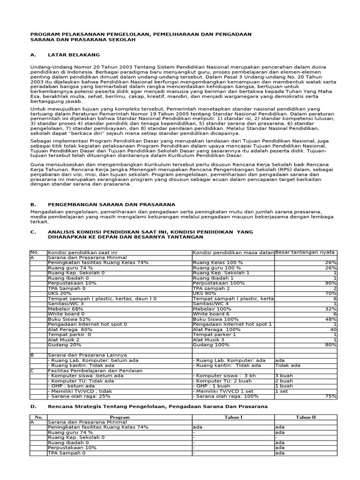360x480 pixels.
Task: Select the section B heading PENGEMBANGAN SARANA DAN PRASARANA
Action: point(112,204)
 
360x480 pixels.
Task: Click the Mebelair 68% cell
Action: point(66,309)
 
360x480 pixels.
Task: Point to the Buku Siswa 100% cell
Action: point(212,319)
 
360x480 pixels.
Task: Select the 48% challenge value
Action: point(330,319)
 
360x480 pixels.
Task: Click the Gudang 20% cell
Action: point(64,345)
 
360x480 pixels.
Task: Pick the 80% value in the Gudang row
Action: point(330,345)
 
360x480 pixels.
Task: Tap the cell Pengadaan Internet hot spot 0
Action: point(88,324)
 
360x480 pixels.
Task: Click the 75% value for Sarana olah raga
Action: point(330,396)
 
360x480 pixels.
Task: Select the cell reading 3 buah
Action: point(284,375)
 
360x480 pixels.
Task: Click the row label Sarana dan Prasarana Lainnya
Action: point(87,355)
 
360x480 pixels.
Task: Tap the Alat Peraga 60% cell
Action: point(70,330)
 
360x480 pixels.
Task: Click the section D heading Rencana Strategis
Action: point(157,406)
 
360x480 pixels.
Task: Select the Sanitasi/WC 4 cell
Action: point(211,304)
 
